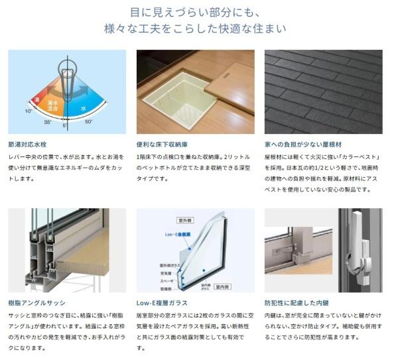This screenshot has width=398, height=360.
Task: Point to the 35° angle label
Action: click(48, 122)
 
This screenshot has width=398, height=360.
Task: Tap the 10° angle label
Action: click(29, 111)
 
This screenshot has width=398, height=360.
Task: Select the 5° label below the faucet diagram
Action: click(66, 125)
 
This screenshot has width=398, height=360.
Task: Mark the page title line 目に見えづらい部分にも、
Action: click(199, 11)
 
